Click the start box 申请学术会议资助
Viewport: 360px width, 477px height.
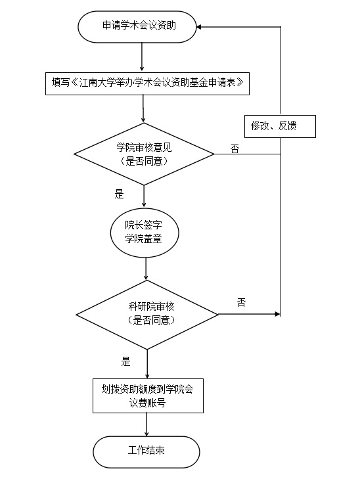point(137,27)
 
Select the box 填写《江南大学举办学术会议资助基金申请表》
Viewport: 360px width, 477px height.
point(147,83)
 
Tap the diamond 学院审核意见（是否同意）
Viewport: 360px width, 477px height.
point(144,154)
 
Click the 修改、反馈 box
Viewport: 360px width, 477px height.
point(280,126)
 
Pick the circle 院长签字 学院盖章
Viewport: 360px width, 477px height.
point(145,233)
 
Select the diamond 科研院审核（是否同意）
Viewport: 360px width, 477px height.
point(147,314)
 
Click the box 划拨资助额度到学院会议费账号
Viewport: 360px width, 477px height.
point(148,396)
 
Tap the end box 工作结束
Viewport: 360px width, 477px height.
point(146,452)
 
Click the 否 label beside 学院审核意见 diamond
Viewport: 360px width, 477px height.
point(235,148)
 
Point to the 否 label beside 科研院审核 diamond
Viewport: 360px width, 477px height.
point(241,302)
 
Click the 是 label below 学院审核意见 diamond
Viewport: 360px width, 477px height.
point(119,194)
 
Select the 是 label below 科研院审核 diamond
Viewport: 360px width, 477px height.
point(126,361)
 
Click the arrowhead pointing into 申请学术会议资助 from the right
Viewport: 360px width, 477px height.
point(199,27)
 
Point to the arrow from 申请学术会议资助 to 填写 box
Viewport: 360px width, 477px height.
point(142,57)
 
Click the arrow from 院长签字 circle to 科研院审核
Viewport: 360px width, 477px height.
point(146,269)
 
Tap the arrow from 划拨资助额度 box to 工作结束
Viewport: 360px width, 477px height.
point(147,424)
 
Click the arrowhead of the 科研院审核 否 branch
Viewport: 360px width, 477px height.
point(277,314)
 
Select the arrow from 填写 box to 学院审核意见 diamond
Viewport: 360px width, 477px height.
point(143,109)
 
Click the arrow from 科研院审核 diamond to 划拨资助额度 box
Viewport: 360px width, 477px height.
point(147,363)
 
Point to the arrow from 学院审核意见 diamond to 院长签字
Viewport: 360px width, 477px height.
point(144,196)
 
